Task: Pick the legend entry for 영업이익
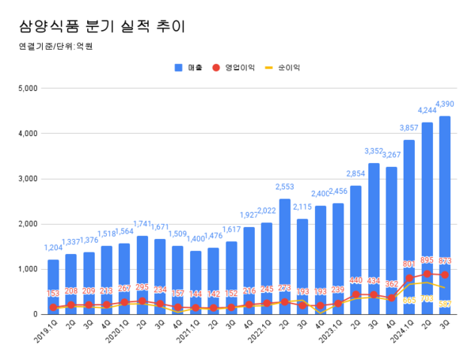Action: point(237,68)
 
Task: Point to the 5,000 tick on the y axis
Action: point(28,88)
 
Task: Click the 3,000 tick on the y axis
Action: point(28,179)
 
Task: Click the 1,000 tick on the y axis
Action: point(28,269)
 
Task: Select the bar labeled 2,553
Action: point(284,253)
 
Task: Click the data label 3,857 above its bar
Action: point(408,128)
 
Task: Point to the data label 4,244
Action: point(427,111)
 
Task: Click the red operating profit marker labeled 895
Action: point(427,274)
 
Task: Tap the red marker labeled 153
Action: point(53,307)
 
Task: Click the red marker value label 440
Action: point(355,280)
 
